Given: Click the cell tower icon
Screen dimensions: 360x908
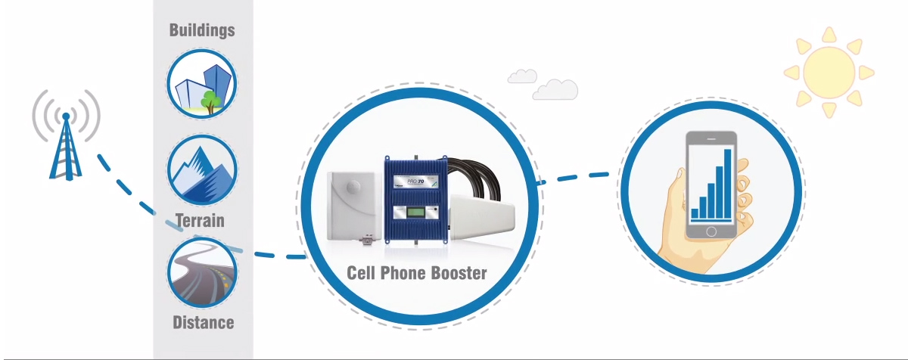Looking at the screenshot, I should [x=66, y=147].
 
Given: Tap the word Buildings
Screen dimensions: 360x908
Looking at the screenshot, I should [x=202, y=30].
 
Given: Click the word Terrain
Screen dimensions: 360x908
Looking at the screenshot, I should [x=200, y=221].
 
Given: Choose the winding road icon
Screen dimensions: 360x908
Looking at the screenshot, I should [x=202, y=272].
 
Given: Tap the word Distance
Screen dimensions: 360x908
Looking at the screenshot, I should [x=203, y=323].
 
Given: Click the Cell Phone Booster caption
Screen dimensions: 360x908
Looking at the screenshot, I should [x=417, y=273].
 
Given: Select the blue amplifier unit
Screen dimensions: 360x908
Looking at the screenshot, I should [x=417, y=199].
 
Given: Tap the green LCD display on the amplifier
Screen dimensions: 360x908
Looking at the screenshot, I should [x=417, y=215].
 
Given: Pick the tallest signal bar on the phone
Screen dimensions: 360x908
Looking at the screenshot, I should [x=728, y=182].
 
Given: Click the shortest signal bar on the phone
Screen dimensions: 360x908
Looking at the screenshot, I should [x=695, y=213].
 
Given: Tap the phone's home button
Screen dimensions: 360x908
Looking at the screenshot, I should [x=711, y=230].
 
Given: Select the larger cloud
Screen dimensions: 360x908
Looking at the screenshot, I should [x=555, y=89].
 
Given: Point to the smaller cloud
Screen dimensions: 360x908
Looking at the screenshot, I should [x=522, y=76].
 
